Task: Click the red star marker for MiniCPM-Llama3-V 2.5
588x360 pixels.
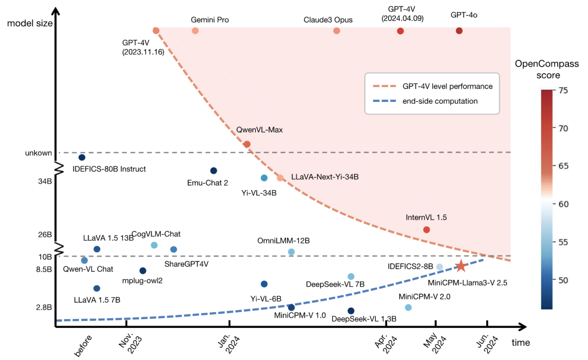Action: point(461,266)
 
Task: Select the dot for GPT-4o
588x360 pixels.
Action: point(459,30)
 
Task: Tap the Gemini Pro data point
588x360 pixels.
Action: point(195,30)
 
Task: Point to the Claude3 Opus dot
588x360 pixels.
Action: point(336,30)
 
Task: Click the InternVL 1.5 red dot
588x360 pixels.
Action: point(426,229)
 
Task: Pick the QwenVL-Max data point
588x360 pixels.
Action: point(247,144)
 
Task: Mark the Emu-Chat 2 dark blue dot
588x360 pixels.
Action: point(213,170)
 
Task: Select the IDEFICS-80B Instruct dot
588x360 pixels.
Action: point(82,157)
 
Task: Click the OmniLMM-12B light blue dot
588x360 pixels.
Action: point(291,252)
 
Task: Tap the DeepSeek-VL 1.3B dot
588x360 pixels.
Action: point(351,310)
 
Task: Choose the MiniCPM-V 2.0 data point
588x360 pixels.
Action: point(408,307)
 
